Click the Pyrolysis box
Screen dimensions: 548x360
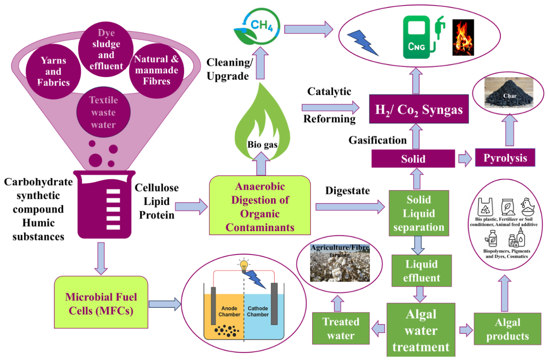[505, 157]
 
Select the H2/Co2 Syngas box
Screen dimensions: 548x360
[419, 109]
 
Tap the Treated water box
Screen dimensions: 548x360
[341, 328]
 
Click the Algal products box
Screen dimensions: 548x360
[507, 328]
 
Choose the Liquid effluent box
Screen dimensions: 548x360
[422, 271]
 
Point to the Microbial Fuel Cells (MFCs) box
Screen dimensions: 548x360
[101, 302]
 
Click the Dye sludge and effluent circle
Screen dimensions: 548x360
[106, 49]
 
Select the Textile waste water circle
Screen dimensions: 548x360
[104, 112]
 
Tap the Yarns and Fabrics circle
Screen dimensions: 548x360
[53, 71]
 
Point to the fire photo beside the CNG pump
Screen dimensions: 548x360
[463, 37]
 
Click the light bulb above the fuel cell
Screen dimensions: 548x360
[244, 265]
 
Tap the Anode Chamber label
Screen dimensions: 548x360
[229, 311]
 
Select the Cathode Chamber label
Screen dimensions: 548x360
[258, 311]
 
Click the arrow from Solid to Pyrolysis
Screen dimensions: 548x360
[465, 158]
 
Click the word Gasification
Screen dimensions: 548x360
[378, 140]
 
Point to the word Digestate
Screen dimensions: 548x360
[347, 191]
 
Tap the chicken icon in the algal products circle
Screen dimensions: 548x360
[528, 207]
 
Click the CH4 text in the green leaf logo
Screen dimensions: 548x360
[262, 25]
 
